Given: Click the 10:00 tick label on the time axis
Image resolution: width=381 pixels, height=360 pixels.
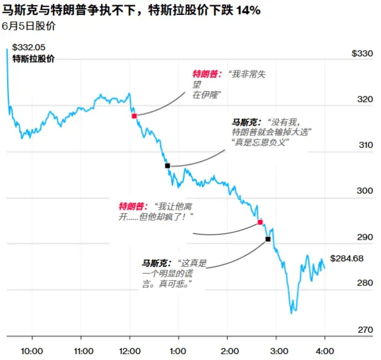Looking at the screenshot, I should [32, 351].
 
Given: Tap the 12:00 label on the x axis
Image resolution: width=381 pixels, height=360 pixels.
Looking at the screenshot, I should [130, 351].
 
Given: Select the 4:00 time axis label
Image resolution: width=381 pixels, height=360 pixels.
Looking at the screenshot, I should [324, 351].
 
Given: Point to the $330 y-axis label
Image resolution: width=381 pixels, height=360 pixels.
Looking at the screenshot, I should [362, 53].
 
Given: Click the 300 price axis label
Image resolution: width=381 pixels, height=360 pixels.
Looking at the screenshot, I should [365, 191].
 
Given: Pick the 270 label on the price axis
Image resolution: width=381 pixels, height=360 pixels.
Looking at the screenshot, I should [365, 329].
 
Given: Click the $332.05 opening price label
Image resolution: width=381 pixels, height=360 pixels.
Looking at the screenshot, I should [29, 48].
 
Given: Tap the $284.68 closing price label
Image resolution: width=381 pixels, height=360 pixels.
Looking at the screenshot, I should [347, 258].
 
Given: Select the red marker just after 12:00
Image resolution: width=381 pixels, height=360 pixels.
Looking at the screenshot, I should [134, 116].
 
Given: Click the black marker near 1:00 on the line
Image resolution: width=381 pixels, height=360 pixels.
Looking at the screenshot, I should [167, 166].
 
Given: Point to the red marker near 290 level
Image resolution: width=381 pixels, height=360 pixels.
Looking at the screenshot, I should [260, 222].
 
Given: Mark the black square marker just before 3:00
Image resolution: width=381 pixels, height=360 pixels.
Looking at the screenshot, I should [268, 239].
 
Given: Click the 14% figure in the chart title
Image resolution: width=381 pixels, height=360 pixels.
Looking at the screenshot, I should [248, 10].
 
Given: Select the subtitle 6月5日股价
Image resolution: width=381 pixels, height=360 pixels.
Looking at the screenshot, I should [29, 26].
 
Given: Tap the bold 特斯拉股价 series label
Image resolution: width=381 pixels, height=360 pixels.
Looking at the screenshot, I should [33, 59].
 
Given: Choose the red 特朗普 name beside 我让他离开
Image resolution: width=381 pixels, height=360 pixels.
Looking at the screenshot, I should [132, 206].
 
